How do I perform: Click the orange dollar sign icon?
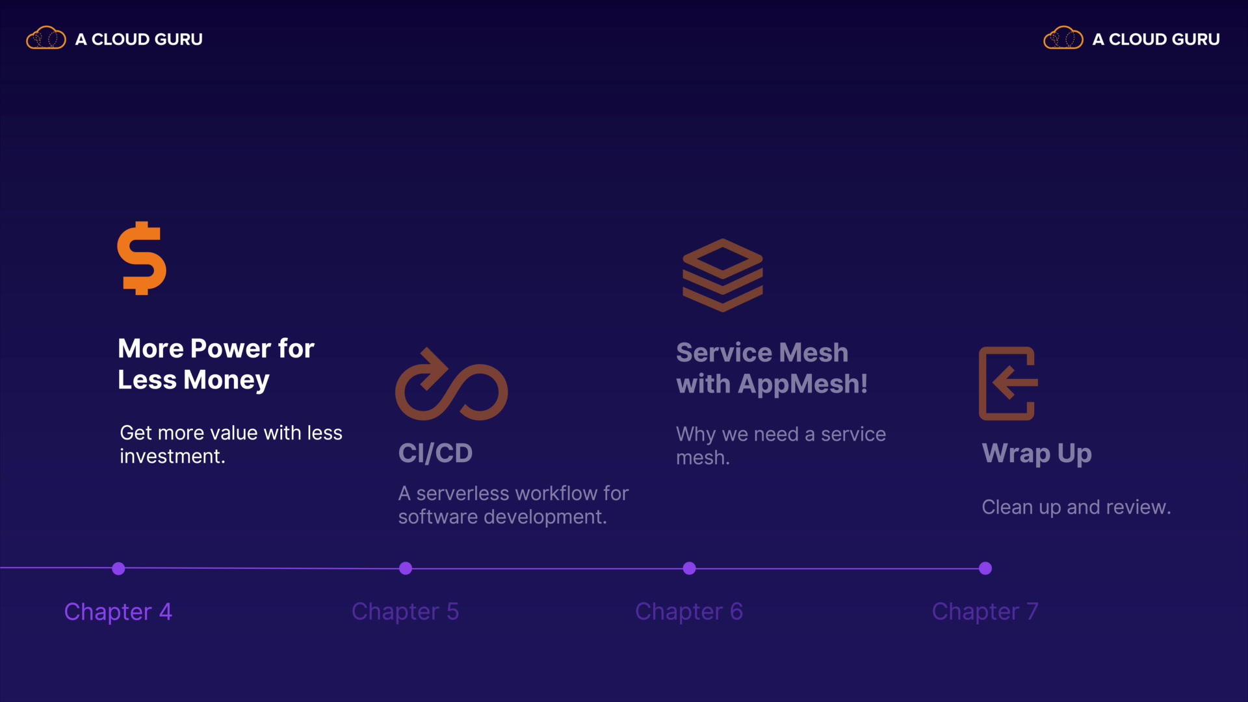click(x=142, y=258)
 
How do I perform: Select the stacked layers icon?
click(x=722, y=275)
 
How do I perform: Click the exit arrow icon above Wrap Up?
click(x=1008, y=383)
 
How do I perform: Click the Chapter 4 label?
click(x=118, y=612)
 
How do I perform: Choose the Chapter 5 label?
click(x=405, y=612)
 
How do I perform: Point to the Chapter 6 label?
click(x=688, y=612)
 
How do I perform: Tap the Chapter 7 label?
click(x=985, y=612)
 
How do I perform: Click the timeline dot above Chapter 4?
click(x=118, y=569)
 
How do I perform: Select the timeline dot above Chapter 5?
click(x=406, y=569)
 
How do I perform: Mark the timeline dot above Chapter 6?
click(x=690, y=569)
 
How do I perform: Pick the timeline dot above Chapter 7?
click(x=985, y=569)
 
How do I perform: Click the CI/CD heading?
click(x=435, y=453)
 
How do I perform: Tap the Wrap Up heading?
click(x=1037, y=453)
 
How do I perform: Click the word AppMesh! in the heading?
click(x=803, y=384)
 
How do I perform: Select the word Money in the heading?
click(x=226, y=380)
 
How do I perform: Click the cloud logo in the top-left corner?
click(x=46, y=38)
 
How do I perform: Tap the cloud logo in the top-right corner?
click(x=1063, y=38)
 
